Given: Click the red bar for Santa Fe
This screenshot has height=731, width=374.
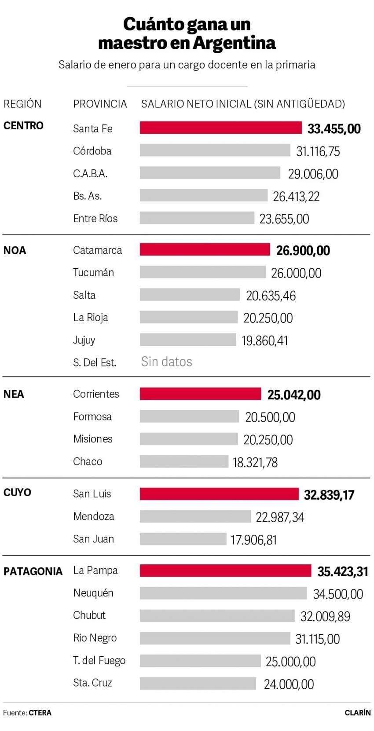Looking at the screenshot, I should [220, 128].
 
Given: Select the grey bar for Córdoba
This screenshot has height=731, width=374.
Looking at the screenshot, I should [215, 150].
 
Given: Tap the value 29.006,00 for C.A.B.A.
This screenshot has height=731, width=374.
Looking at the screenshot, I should [313, 174].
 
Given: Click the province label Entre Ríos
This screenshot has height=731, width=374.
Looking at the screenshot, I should [95, 219].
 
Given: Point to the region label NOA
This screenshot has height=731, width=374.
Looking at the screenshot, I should [15, 251].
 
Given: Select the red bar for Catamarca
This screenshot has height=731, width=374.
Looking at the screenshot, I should [205, 249].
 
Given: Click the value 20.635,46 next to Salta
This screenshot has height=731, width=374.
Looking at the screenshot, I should [271, 296].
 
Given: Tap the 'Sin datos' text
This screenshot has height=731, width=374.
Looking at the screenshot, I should [166, 362].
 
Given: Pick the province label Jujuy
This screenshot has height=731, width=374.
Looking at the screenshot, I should [84, 340].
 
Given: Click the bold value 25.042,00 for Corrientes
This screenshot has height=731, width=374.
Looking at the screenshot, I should [293, 395].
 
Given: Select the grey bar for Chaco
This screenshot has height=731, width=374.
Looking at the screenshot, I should [184, 461].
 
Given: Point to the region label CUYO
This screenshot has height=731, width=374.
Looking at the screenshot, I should [17, 492].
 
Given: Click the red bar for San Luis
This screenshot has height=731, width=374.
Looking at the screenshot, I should [219, 494].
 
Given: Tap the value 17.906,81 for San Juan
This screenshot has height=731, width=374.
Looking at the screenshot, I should [253, 540].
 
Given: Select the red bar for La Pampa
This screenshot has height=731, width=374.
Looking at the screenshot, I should [225, 571].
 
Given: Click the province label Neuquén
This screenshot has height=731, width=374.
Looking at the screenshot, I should [93, 593].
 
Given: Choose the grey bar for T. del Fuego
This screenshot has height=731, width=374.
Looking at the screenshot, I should [200, 661].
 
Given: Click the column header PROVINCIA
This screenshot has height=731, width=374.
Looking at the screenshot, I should [100, 104].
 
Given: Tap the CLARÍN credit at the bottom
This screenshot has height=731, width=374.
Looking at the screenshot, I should [357, 713].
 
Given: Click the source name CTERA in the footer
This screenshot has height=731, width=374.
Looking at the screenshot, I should [40, 713].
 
